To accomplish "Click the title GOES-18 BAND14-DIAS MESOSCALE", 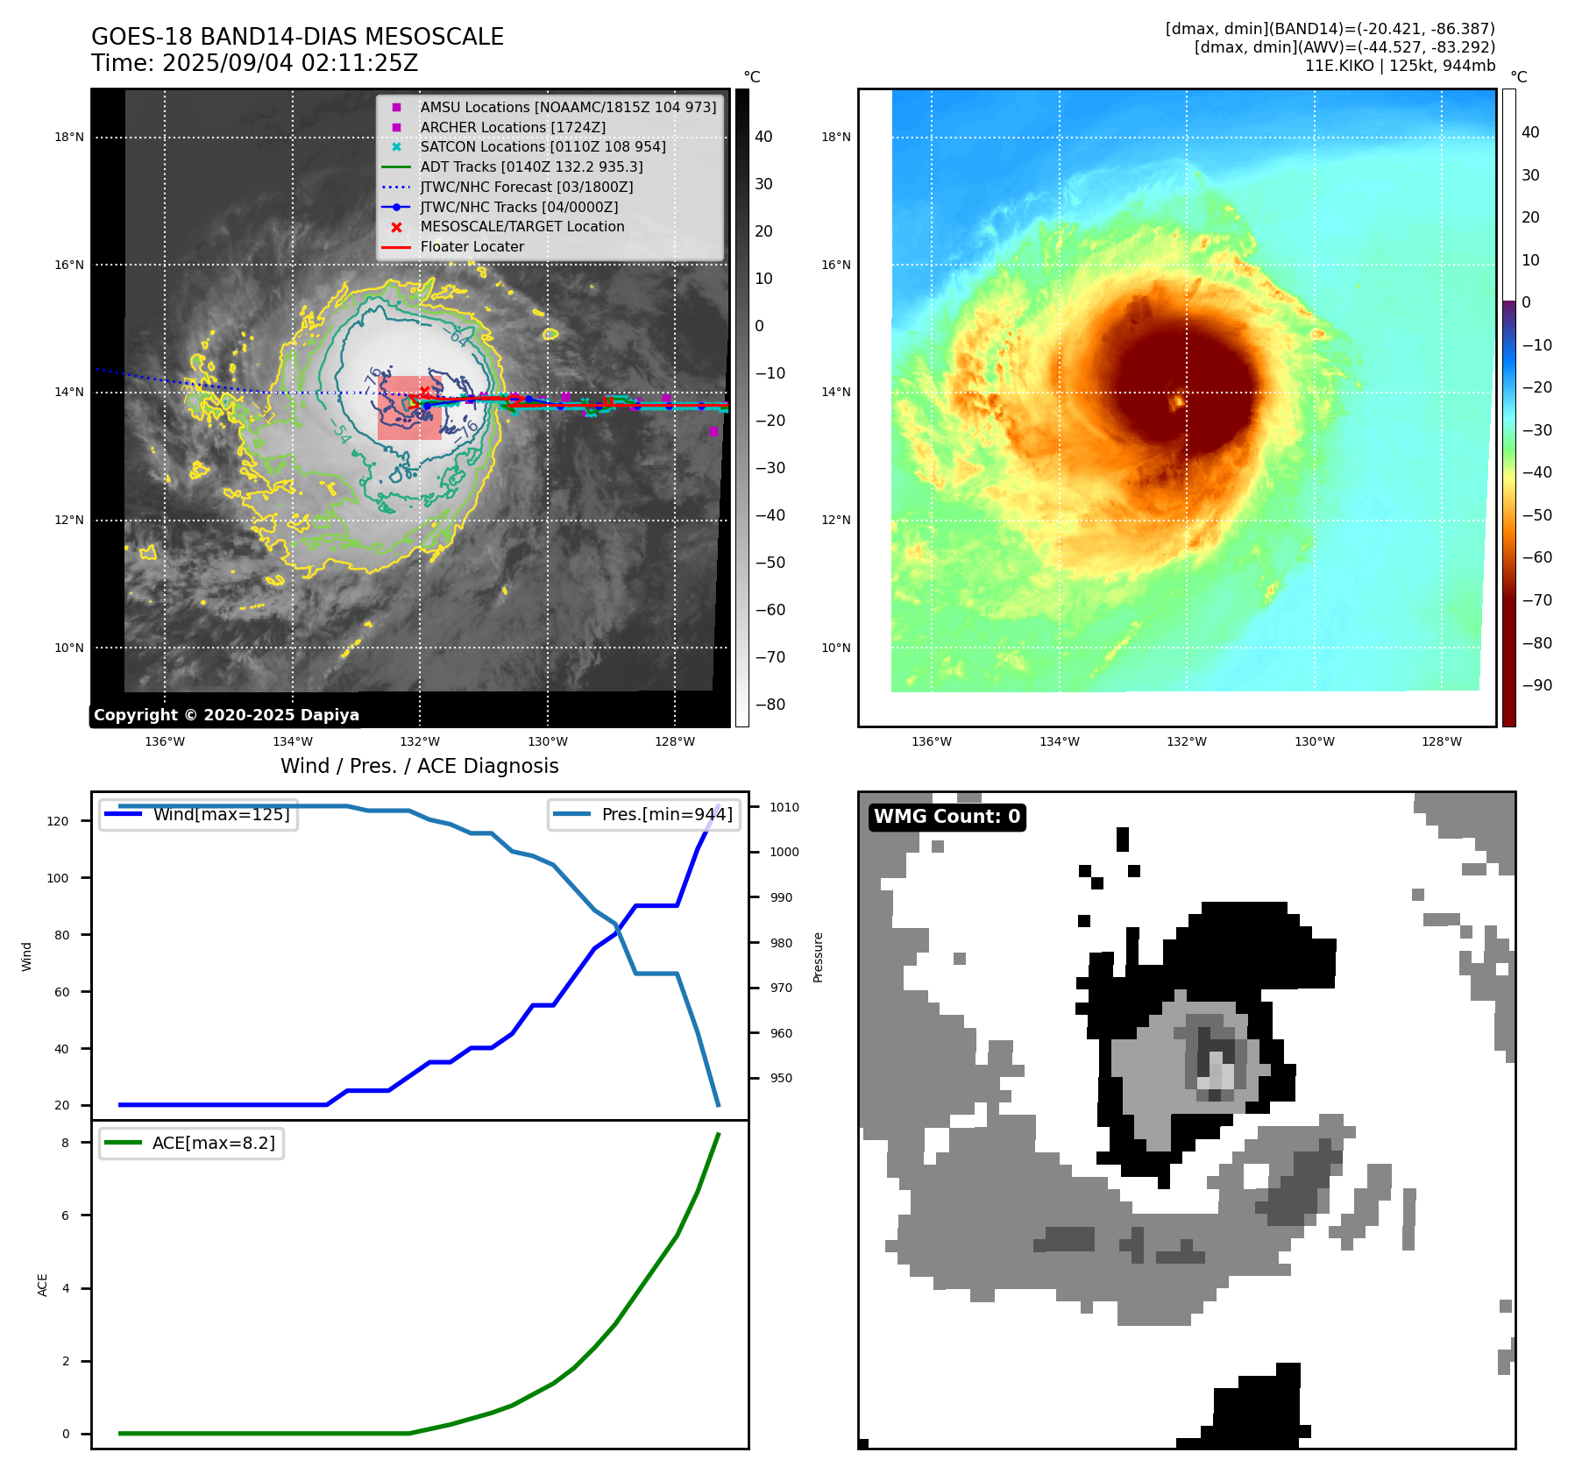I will (x=297, y=37).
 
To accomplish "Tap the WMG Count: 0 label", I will (x=947, y=817).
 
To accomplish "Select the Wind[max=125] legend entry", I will (x=221, y=814).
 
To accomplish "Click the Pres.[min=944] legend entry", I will (x=666, y=814).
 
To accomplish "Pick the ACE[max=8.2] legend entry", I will (x=213, y=1143).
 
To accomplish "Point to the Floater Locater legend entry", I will (x=472, y=247).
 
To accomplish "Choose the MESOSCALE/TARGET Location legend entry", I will (x=521, y=227).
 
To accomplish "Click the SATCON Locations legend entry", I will (x=543, y=146).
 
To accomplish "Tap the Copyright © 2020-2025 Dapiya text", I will (x=226, y=715).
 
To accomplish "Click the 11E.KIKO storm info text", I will (x=1400, y=66).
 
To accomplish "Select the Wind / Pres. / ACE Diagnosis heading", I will (x=419, y=766).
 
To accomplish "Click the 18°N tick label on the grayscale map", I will (x=69, y=137).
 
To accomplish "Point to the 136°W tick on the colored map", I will (x=931, y=741).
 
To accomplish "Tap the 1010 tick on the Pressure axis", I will (x=784, y=807).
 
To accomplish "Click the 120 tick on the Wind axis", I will (x=57, y=821).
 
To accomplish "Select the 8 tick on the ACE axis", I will (x=65, y=1143).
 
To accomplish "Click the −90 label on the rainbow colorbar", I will (x=1536, y=685).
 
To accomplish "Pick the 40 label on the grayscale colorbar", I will (x=763, y=137).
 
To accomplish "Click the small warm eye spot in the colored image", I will (x=1178, y=401).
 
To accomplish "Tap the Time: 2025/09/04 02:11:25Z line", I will (x=254, y=63).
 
